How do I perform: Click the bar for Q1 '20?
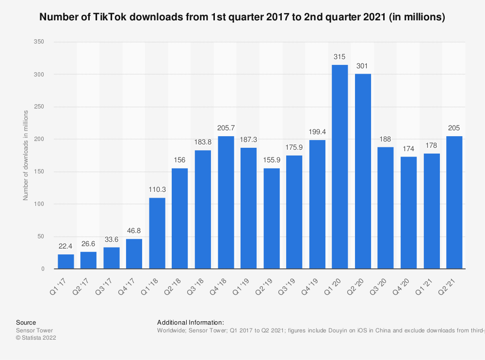(x=339, y=167)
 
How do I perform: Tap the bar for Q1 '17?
(x=66, y=261)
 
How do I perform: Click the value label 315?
(x=339, y=57)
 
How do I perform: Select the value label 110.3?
(x=157, y=190)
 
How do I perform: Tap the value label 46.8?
(x=134, y=231)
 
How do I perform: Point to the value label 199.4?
(x=317, y=132)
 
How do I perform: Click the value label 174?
(x=408, y=149)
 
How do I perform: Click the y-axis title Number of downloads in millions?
(x=26, y=156)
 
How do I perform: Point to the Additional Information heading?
(x=191, y=322)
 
